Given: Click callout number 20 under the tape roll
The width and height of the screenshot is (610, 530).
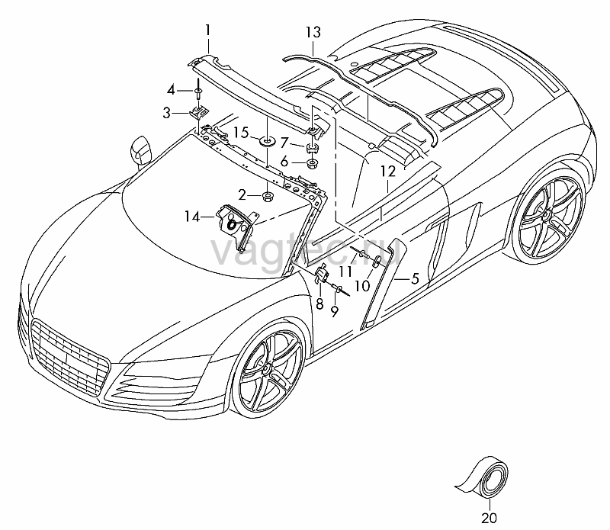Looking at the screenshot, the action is pos(489,518).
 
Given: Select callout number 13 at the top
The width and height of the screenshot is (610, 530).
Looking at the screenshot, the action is pos(313,32).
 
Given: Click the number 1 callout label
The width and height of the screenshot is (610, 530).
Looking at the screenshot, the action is pos(207,30).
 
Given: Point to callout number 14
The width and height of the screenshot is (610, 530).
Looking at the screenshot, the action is pos(191,217).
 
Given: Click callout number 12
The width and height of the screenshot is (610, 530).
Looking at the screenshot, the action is pos(388,172).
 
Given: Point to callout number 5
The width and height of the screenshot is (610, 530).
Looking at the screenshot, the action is pos(415,278).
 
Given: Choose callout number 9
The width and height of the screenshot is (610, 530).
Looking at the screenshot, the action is pos(335,311).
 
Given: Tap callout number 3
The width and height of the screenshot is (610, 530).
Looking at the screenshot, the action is pos(166,114).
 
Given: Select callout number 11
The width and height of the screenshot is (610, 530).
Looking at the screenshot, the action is pos(345,271).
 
